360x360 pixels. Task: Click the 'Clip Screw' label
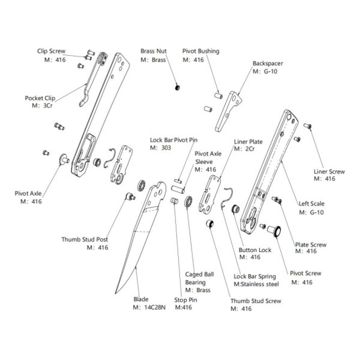click(51, 51)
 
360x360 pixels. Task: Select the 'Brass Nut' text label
click(153, 51)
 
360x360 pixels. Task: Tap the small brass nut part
click(177, 87)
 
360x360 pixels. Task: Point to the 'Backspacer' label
click(267, 63)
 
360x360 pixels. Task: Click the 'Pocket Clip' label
click(39, 98)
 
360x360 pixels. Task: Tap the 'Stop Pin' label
click(186, 300)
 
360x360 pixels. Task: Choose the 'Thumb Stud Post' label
click(85, 239)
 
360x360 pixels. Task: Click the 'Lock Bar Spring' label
click(255, 276)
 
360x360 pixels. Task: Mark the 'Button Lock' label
click(255, 250)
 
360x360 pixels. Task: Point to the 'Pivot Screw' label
click(306, 273)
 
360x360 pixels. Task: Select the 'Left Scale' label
click(312, 203)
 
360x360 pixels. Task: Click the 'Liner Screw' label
click(329, 172)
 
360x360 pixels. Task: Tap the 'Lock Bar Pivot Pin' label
click(174, 140)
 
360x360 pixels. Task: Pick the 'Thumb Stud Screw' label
click(256, 301)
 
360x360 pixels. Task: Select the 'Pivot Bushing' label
click(201, 51)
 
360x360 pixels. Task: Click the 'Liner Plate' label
click(248, 142)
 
